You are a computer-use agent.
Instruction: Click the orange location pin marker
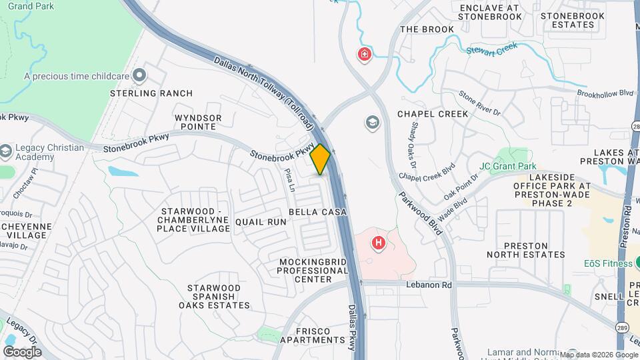(x=321, y=159)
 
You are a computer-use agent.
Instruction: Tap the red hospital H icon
(x=379, y=243)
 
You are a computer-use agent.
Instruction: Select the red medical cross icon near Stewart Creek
(x=365, y=54)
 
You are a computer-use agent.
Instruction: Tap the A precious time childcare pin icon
(x=139, y=76)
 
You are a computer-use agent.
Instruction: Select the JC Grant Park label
(x=507, y=166)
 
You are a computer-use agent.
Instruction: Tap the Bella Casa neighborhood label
(x=318, y=212)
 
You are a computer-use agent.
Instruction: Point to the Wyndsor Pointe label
(x=198, y=122)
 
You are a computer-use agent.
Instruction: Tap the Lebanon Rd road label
(x=429, y=285)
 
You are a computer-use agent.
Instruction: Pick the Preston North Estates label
(x=526, y=249)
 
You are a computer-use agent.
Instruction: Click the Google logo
(x=22, y=351)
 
